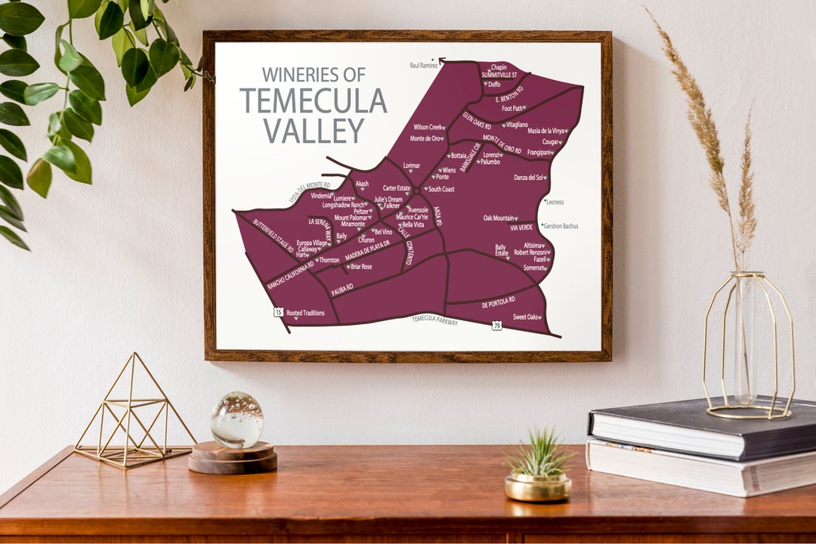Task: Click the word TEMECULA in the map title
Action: (313, 100)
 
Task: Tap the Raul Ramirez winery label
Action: (424, 66)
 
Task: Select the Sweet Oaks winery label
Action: (527, 317)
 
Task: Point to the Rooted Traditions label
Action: (305, 313)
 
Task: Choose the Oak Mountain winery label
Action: (499, 218)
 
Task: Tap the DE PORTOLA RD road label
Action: (498, 302)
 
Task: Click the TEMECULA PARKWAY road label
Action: (434, 321)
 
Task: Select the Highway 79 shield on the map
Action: (496, 326)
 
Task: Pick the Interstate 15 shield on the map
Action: (278, 311)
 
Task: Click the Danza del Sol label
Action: (529, 178)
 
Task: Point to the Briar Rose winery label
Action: (361, 267)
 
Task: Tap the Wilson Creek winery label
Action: (427, 127)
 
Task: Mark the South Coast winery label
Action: (440, 189)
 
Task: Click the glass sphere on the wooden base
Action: (236, 420)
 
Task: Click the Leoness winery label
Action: (554, 202)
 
